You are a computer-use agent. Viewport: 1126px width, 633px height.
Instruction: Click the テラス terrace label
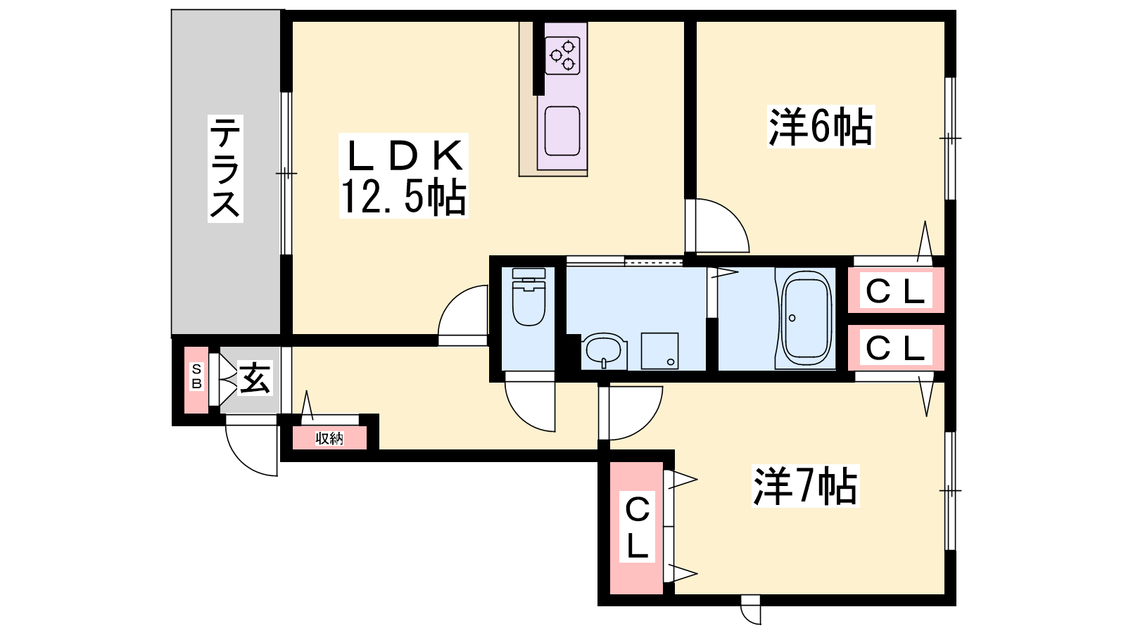[x=225, y=168]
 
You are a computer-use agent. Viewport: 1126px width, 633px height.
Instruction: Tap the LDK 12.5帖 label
[x=404, y=176]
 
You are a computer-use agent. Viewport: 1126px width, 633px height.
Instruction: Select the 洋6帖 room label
[x=821, y=127]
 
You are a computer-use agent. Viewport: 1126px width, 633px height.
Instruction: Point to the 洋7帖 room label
[x=805, y=486]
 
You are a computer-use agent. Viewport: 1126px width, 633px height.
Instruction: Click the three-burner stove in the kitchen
[x=562, y=56]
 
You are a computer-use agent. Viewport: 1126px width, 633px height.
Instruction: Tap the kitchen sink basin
[x=562, y=131]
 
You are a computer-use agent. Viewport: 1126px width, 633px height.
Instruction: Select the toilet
[x=529, y=296]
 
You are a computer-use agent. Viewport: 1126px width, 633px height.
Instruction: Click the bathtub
[x=804, y=319]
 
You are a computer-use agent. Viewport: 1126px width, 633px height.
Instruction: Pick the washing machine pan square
[x=659, y=351]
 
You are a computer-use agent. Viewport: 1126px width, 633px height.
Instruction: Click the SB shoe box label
[x=196, y=377]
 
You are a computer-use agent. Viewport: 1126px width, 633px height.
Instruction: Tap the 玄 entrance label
[x=255, y=378]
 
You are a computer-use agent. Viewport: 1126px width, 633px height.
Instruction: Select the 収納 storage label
[x=329, y=439]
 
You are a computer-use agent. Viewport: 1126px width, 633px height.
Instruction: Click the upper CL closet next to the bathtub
[x=896, y=290]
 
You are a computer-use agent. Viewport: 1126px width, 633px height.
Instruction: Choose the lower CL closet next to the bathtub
[x=896, y=347]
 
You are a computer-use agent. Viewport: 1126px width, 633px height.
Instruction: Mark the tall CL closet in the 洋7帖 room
[x=637, y=527]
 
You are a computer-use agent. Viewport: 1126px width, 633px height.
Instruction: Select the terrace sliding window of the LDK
[x=286, y=173]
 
